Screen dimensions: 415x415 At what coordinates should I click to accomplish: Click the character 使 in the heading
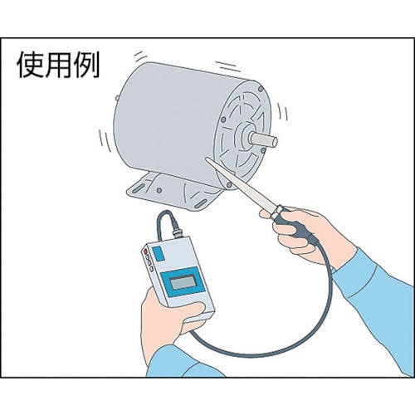pos(31,65)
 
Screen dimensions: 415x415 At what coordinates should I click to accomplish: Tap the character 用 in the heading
pos(58,65)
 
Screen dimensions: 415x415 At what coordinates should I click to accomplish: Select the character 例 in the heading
pos(85,65)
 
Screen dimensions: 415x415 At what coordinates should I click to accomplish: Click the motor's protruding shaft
pos(263,139)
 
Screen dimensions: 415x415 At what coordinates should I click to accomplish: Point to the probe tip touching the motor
pos(207,159)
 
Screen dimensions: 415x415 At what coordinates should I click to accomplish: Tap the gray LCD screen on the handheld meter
pos(183,282)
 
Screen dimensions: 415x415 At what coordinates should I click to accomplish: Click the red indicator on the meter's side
pos(145,251)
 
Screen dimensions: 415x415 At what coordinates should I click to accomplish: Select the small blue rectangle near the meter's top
pos(159,253)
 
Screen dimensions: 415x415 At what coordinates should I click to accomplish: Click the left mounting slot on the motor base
pos(138,188)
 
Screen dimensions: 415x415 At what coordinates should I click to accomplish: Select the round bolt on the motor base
pos(159,190)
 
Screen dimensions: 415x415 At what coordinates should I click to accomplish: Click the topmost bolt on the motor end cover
pos(260,89)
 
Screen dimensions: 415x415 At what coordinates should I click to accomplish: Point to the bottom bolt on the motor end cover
pos(229,184)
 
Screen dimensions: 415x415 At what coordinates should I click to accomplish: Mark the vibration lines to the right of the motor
pos(282,112)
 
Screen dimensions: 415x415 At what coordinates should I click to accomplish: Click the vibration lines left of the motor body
pos(105,140)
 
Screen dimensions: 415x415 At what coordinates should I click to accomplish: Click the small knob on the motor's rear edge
pos(117,98)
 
